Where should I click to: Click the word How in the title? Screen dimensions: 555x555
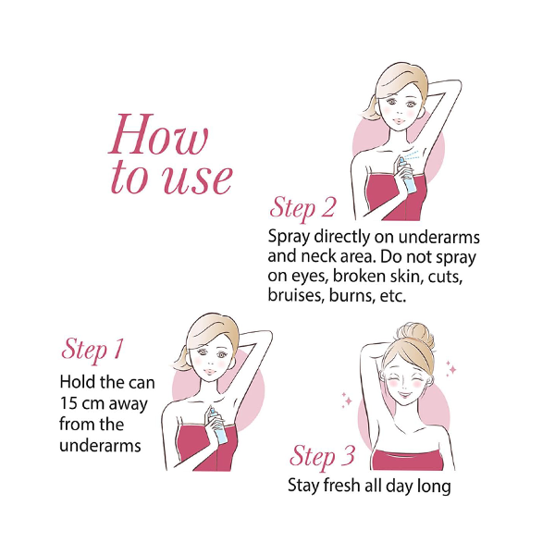pyautogui.click(x=158, y=134)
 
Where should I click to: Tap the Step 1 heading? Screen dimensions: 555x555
pyautogui.click(x=92, y=350)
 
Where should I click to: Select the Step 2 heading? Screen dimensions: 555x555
pyautogui.click(x=302, y=208)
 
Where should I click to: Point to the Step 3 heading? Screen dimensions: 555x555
pyautogui.click(x=322, y=456)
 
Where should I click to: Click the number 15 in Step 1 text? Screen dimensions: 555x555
pyautogui.click(x=68, y=403)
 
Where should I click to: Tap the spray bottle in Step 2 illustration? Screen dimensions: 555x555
pyautogui.click(x=407, y=176)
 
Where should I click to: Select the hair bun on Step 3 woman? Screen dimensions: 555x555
pyautogui.click(x=414, y=334)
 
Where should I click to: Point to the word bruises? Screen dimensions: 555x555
pyautogui.click(x=296, y=295)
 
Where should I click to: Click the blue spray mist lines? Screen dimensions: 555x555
pyautogui.click(x=413, y=154)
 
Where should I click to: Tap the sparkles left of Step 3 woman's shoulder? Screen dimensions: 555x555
pyautogui.click(x=347, y=400)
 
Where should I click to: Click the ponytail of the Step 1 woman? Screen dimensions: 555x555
pyautogui.click(x=181, y=359)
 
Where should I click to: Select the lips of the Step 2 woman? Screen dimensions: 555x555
pyautogui.click(x=399, y=121)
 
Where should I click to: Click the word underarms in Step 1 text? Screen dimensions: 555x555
pyautogui.click(x=100, y=445)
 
